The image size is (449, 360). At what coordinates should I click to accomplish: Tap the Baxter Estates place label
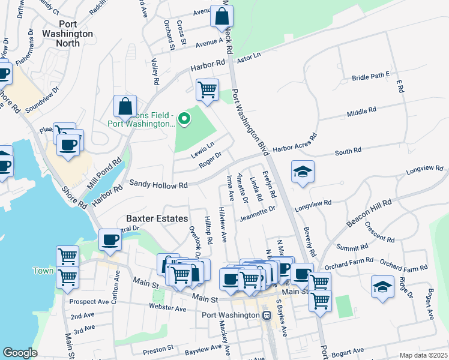tap(156, 219)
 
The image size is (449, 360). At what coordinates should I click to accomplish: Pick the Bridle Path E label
tap(371, 77)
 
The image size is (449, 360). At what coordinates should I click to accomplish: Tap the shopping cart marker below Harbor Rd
tap(207, 89)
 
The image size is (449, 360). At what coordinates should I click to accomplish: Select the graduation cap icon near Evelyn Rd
tap(303, 172)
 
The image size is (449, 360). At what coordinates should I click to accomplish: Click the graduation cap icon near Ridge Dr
tap(382, 286)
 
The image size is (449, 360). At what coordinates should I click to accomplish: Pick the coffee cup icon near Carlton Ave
tap(110, 239)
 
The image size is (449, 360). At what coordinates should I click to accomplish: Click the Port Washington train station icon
tap(267, 315)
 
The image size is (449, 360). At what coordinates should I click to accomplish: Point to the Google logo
tap(20, 353)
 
